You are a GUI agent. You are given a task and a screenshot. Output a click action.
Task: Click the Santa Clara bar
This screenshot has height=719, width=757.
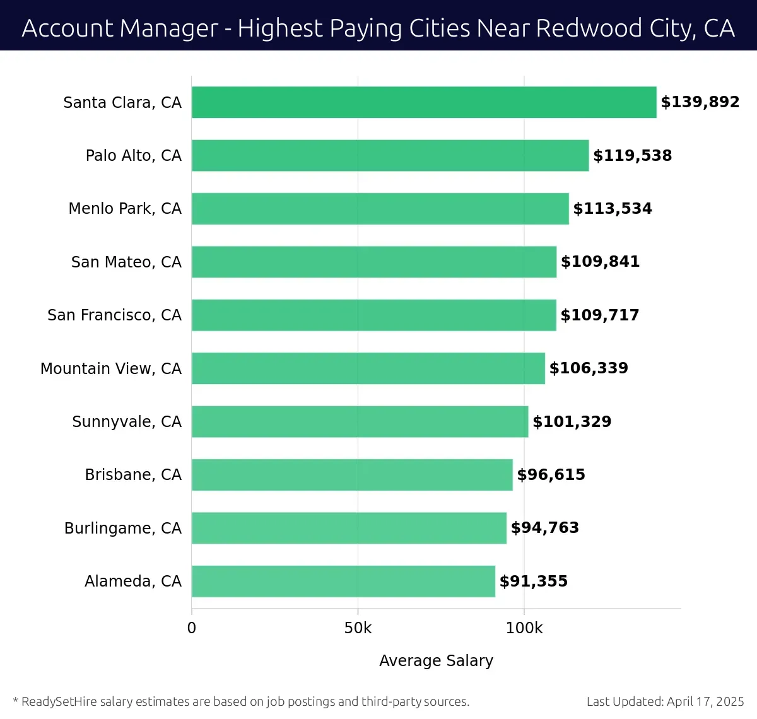[424, 102]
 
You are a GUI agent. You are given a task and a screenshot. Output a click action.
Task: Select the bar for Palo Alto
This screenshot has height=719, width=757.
[390, 156]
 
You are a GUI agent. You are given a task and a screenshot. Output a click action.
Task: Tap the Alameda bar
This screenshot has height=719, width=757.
[343, 581]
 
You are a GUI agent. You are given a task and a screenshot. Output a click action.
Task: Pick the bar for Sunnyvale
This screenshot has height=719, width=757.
[360, 421]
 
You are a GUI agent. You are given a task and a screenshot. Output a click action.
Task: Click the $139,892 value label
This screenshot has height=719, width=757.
[700, 102]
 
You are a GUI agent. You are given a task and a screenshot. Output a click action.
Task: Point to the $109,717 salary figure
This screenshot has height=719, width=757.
[600, 315]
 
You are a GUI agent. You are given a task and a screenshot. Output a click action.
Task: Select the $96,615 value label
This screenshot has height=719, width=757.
[551, 475]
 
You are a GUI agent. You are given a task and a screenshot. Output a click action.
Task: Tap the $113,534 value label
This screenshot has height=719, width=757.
[613, 209]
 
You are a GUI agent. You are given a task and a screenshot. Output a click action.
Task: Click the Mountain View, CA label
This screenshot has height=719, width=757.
[111, 368]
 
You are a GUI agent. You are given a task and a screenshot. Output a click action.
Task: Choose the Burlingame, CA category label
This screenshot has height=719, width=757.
[123, 528]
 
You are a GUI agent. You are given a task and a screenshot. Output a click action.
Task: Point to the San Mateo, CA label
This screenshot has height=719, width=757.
[126, 262]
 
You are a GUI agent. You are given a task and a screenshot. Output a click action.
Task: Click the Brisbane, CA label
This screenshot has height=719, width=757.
[133, 475]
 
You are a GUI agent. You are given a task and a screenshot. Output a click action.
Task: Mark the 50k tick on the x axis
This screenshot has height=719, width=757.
[358, 628]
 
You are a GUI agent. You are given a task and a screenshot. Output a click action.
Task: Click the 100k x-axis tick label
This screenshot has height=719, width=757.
[524, 628]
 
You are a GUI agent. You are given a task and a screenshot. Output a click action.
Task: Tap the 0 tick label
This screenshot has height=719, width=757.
[192, 628]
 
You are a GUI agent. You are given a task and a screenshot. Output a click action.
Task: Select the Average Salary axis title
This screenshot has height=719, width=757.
[436, 660]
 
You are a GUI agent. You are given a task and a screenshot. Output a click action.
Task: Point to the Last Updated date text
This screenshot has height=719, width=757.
[665, 701]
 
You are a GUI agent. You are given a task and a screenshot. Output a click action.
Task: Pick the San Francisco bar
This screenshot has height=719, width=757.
[373, 315]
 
